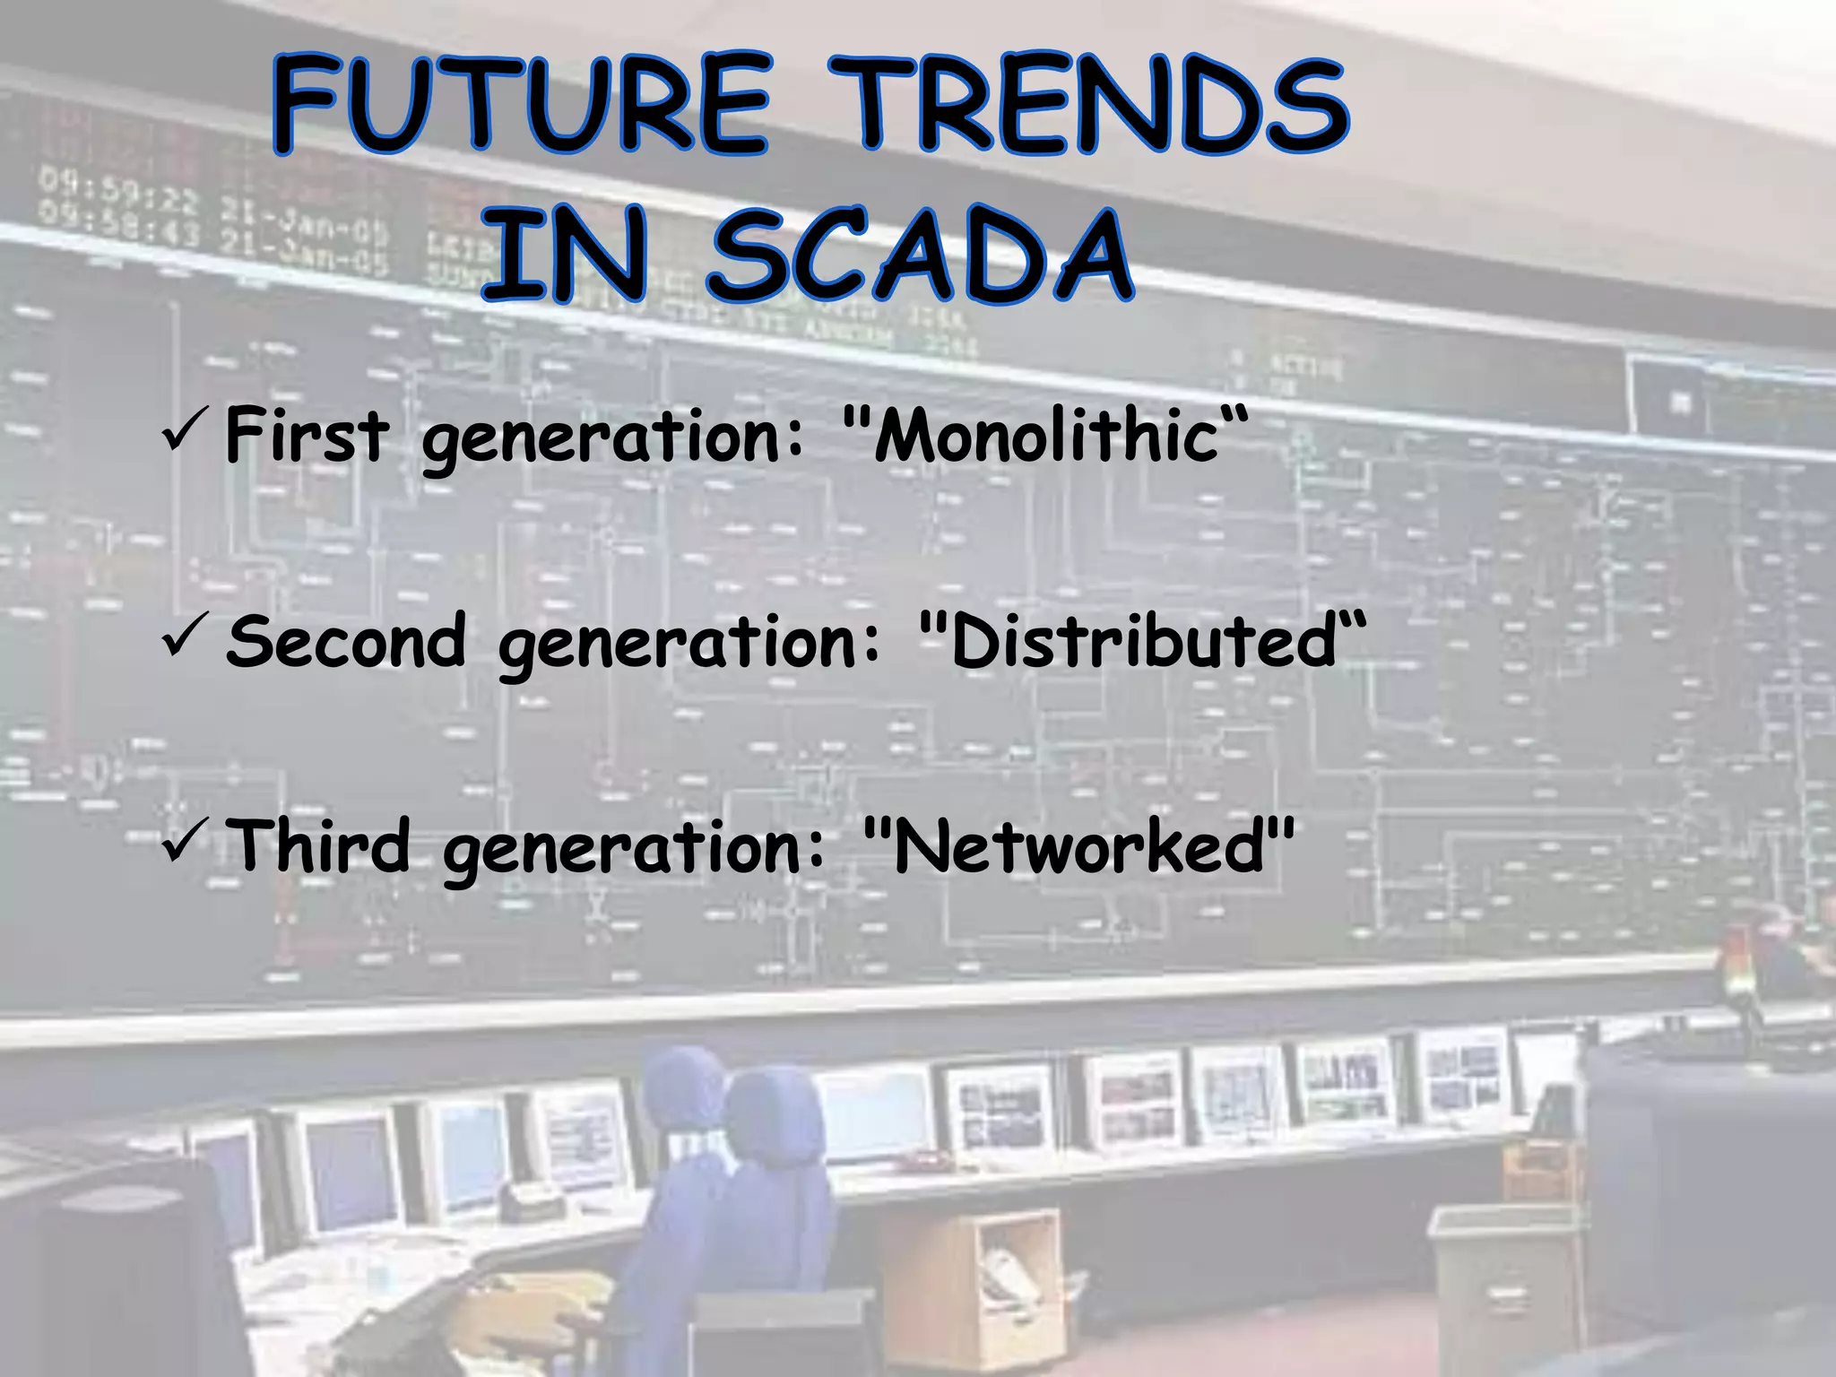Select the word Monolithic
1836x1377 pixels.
click(x=1045, y=437)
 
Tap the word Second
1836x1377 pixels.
click(x=346, y=642)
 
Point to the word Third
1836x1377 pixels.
click(x=319, y=847)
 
